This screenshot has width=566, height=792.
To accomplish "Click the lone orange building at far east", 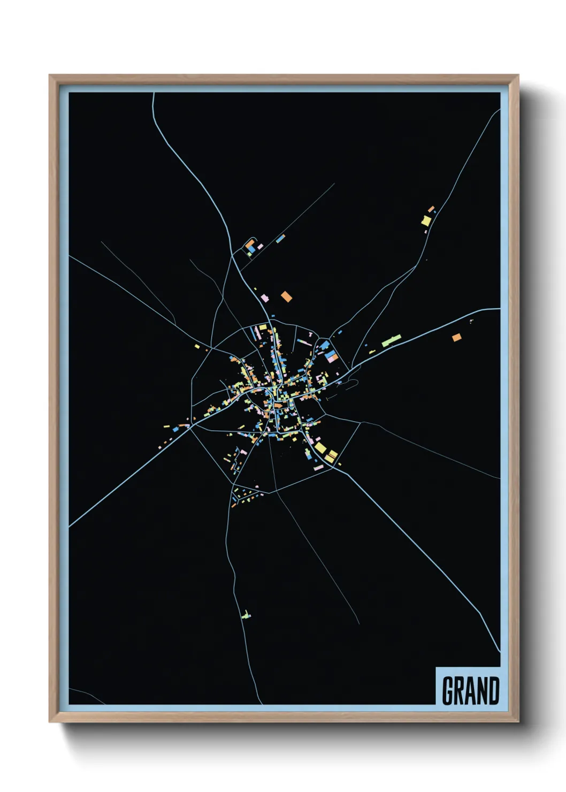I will [456, 337].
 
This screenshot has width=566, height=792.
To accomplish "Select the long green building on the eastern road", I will [391, 340].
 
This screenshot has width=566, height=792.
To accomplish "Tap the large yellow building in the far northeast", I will [426, 220].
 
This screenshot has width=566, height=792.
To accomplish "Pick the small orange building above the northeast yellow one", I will [431, 208].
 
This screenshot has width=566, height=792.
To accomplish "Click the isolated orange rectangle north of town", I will [287, 296].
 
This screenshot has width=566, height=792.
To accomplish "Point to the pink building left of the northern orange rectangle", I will [264, 297].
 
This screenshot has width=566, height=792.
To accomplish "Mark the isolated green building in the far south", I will [246, 615].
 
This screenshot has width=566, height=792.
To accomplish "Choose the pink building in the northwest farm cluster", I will [260, 247].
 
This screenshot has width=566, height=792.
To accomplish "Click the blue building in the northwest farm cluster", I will [251, 249].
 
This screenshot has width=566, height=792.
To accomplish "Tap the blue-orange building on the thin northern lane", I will [280, 239].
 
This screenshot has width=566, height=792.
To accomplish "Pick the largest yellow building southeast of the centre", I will [320, 447].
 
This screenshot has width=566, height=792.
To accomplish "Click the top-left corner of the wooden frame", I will [50, 75].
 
